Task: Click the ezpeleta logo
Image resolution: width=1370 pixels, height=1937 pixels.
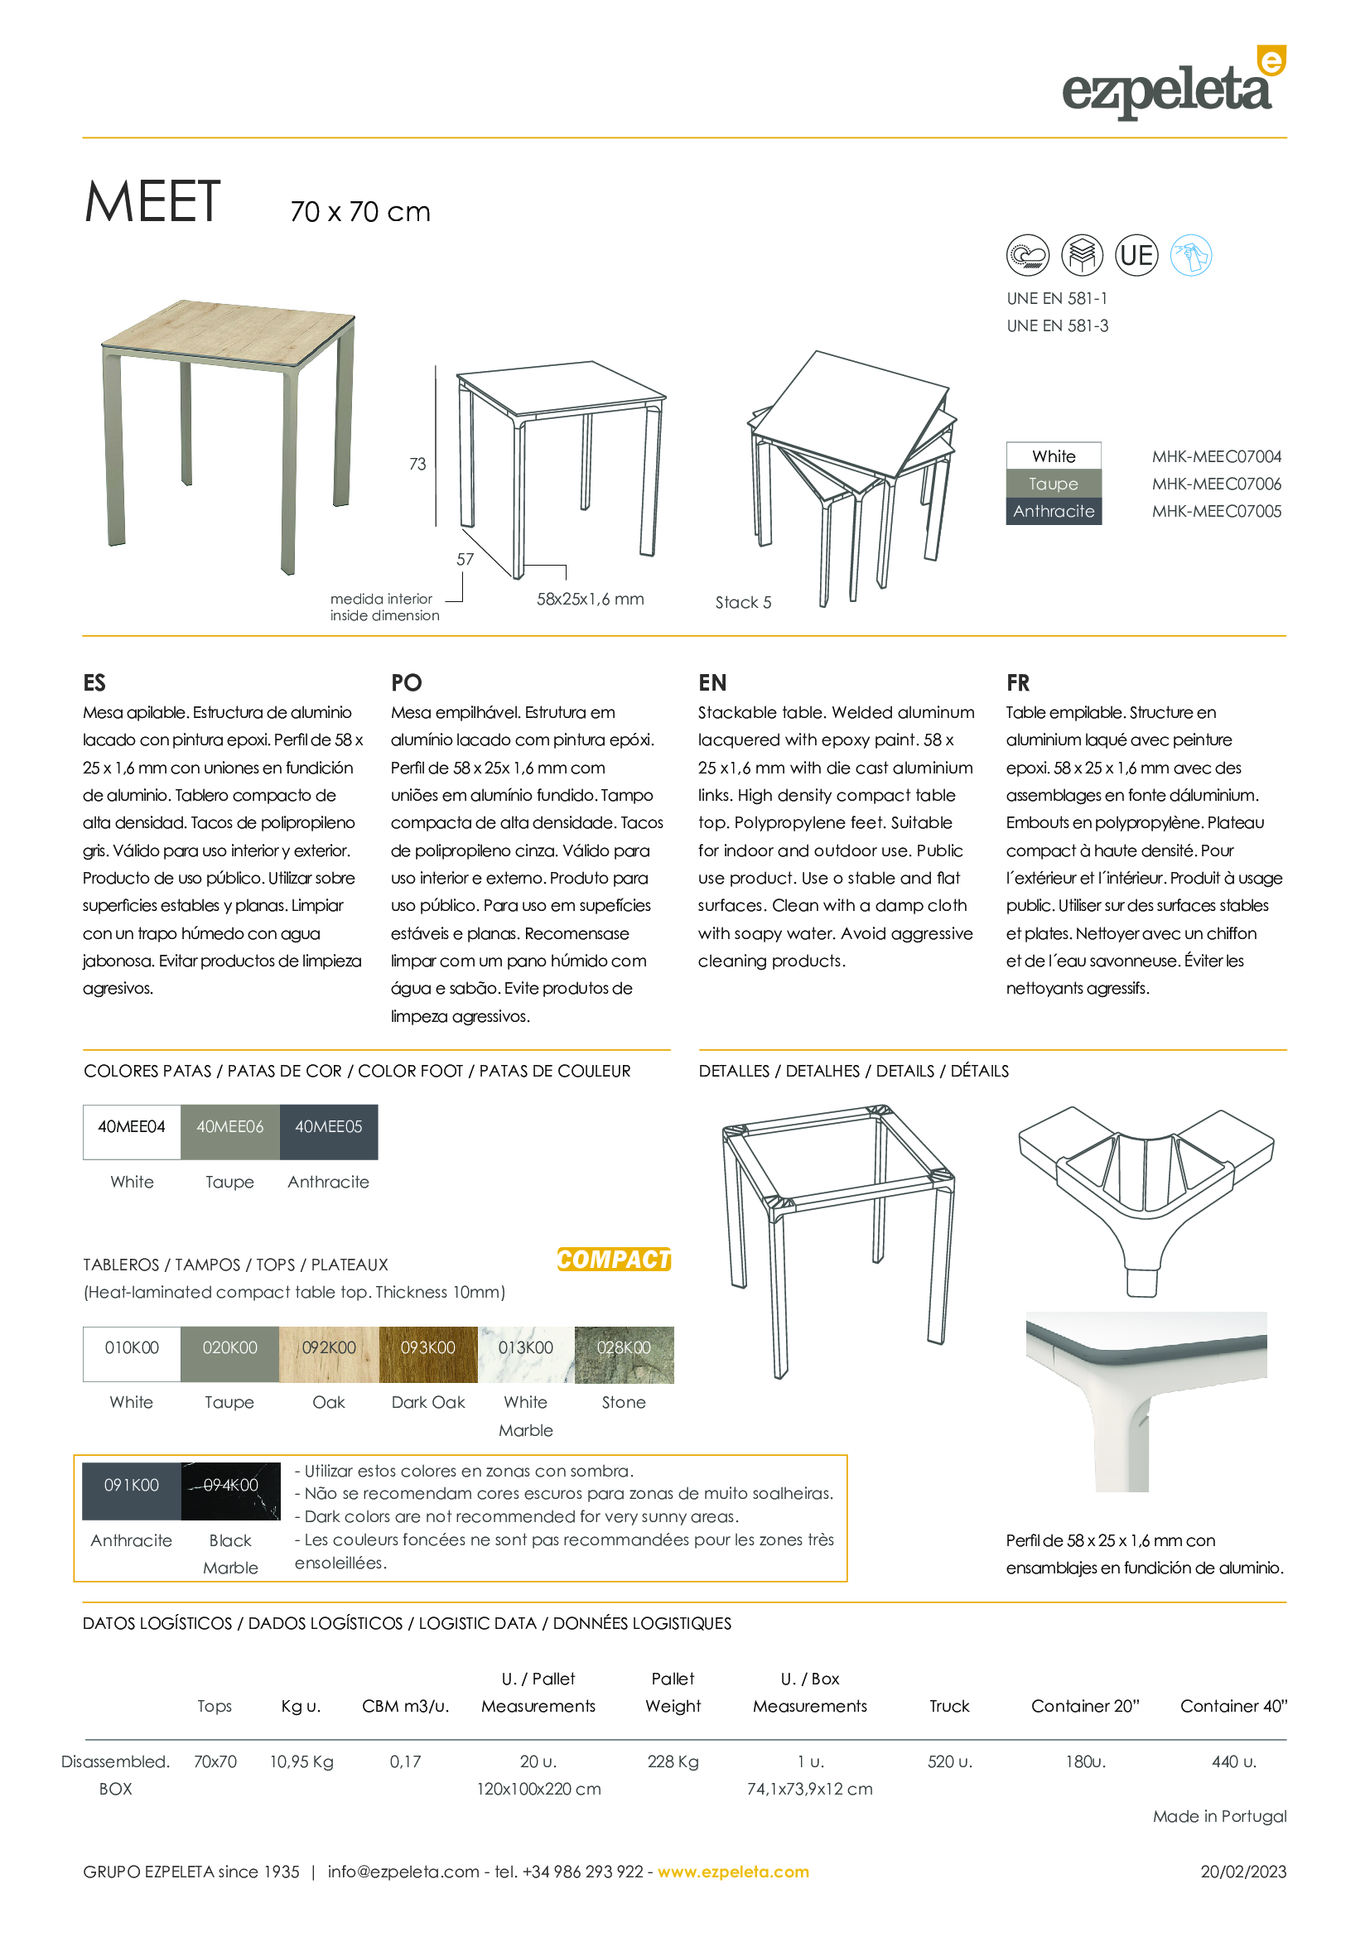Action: pos(1173,84)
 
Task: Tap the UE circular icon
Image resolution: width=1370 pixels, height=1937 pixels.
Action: pos(1136,255)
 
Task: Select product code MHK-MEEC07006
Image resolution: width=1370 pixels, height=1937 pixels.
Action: pos(1216,484)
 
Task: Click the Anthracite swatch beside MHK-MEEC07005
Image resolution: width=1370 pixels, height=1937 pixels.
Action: pos(1054,511)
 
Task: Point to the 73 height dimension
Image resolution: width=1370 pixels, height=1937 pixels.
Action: pos(417,464)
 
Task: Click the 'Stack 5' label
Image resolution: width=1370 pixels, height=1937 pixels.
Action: pos(743,602)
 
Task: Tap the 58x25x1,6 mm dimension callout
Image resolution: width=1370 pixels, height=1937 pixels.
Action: pos(590,599)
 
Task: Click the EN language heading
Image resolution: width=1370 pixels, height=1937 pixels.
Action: pos(712,682)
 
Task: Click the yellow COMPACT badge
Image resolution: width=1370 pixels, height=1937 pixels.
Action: pos(613,1260)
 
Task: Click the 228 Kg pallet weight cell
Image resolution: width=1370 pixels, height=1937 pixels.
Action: pos(673,1761)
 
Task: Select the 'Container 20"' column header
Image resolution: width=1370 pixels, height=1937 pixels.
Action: pos(1085,1706)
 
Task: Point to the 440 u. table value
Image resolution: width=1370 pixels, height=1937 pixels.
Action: pos(1233,1761)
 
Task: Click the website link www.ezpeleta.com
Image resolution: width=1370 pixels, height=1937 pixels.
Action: pos(733,1872)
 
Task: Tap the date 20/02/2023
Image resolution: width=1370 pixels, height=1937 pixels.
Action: pos(1243,1872)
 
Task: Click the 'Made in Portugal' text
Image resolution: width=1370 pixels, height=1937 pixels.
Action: pos(1219,1816)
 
